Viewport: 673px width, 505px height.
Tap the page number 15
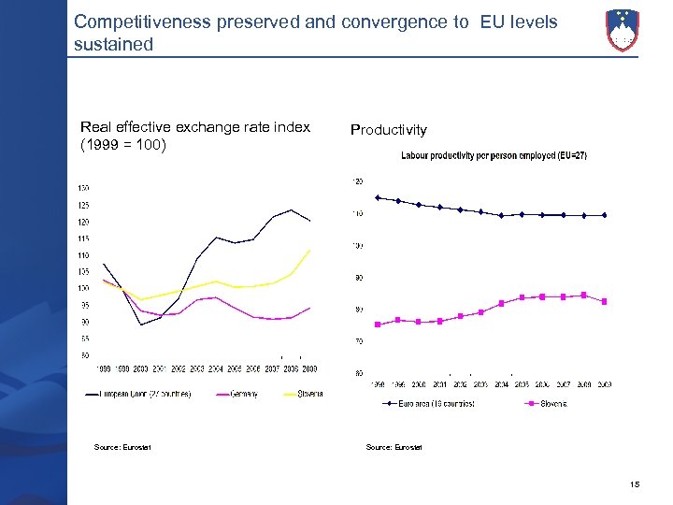pos(635,483)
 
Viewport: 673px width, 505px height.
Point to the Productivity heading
pos(388,130)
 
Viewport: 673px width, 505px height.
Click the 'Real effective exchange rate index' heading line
pos(195,127)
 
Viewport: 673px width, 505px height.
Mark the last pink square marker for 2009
pos(605,301)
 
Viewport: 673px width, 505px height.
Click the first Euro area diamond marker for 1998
pos(378,197)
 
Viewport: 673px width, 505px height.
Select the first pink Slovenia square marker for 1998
pos(378,325)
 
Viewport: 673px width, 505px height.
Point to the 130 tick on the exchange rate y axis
pos(83,188)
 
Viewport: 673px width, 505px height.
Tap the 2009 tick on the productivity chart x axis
pos(604,384)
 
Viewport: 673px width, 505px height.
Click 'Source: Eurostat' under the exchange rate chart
pos(122,447)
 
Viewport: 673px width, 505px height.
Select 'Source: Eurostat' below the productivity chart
pos(394,447)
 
